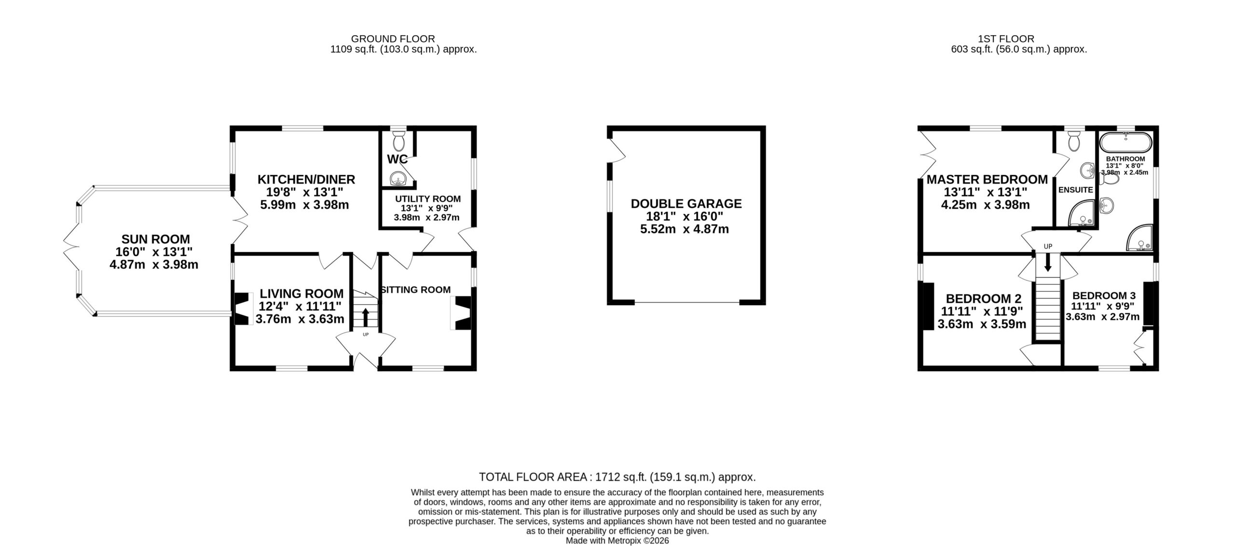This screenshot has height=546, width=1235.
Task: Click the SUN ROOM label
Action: coord(155,239)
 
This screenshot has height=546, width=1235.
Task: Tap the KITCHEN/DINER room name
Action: coord(306,180)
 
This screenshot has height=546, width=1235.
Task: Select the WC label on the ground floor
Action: coord(397,159)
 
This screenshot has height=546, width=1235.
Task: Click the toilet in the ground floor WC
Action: coord(398,140)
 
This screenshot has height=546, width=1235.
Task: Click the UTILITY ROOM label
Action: coord(428,199)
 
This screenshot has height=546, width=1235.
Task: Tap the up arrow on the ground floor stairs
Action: coord(365,318)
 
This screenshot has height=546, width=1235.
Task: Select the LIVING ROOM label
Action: coord(302,294)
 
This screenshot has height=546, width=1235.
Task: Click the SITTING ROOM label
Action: coord(416,290)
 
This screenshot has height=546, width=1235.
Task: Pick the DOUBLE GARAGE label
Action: coord(686,204)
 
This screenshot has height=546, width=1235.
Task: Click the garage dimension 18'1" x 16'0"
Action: coord(685,216)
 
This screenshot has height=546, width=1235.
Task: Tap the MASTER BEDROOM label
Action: coord(987,180)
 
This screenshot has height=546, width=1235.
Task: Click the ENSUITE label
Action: coord(1075,190)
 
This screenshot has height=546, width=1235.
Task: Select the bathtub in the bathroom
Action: coord(1125,143)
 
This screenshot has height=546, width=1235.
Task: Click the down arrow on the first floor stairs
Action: coord(1048,263)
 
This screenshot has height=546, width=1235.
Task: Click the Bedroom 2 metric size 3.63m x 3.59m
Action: coord(982,324)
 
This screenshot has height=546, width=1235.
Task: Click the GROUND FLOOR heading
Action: coord(393,39)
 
